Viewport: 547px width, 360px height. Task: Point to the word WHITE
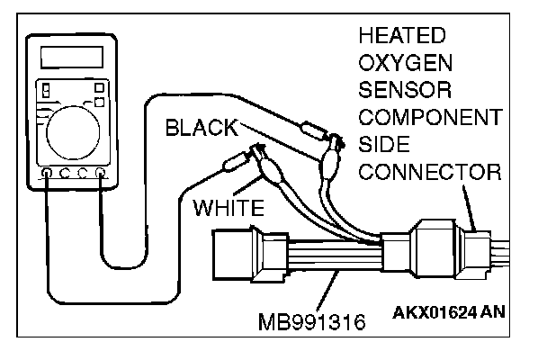[x=229, y=209]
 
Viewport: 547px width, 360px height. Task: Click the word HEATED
[x=401, y=37]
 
